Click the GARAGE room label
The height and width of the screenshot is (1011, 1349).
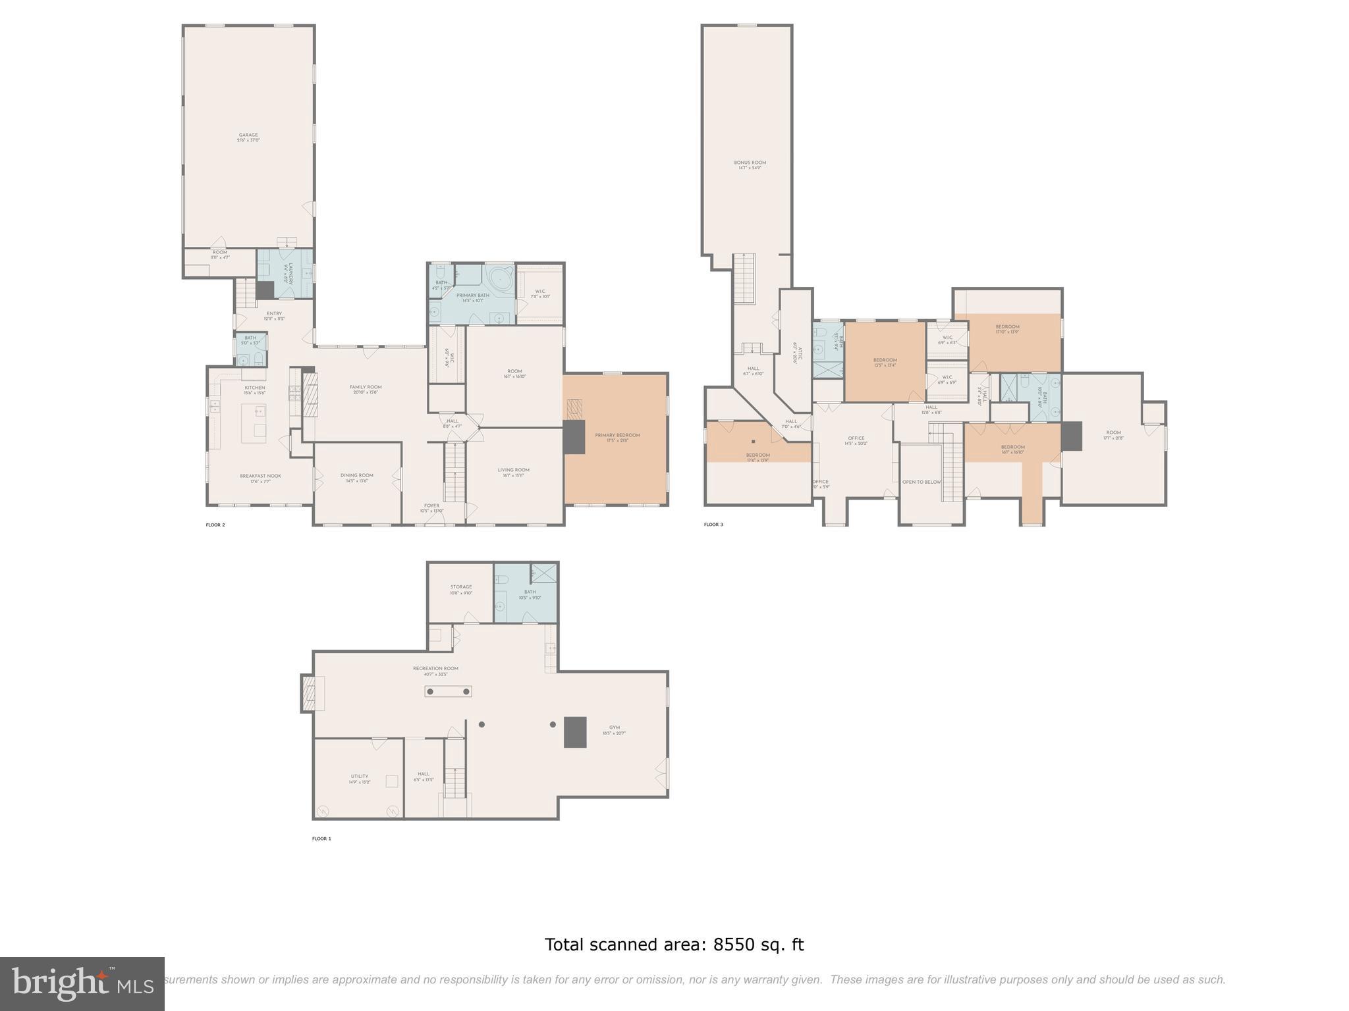point(248,135)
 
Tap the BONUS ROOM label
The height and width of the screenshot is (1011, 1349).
point(750,163)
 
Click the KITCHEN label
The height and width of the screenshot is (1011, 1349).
point(254,388)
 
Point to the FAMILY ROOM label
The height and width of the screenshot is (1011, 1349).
point(366,387)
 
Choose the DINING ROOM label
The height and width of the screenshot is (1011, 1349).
point(357,475)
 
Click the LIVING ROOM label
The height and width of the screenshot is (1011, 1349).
point(513,470)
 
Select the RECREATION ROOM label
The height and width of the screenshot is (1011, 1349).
point(435,668)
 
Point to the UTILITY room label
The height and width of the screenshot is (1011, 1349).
point(359,776)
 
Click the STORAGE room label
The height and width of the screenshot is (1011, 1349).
point(461,586)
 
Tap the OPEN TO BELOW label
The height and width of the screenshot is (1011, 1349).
point(922,482)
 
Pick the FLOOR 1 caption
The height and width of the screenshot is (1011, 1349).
point(321,839)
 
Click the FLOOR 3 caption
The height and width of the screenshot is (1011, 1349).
point(713,525)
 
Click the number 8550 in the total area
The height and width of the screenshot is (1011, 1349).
point(733,945)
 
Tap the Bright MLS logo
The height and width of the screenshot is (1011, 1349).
point(82,983)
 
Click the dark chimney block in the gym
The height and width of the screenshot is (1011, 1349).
point(575,732)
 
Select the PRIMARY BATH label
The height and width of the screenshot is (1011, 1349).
point(472,296)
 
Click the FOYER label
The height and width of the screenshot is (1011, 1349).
point(431,505)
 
